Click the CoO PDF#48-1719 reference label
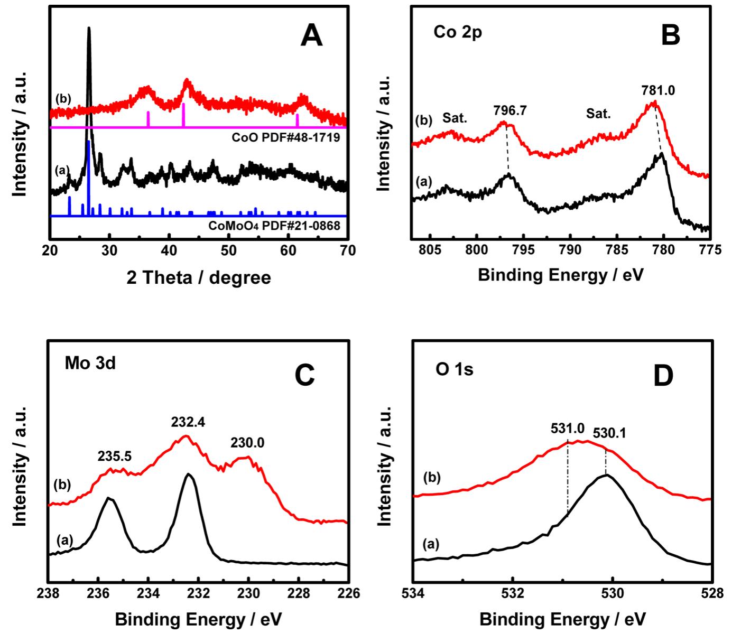click(x=285, y=138)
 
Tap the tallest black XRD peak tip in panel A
click(x=89, y=29)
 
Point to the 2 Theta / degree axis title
click(x=199, y=277)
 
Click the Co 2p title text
click(x=458, y=32)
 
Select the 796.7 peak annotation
click(x=511, y=110)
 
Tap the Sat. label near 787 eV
click(x=598, y=114)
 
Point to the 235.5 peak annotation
click(x=114, y=456)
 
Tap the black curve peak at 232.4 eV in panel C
click(x=189, y=474)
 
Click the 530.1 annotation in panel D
click(x=609, y=433)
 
